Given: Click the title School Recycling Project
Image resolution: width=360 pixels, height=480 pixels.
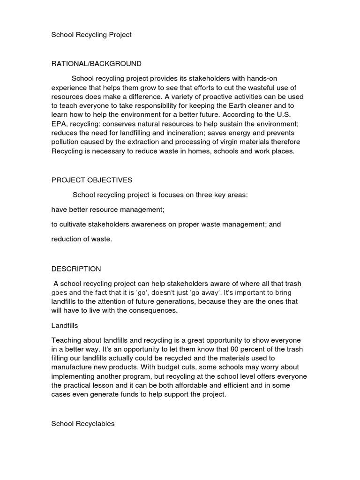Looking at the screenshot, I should tap(91, 35).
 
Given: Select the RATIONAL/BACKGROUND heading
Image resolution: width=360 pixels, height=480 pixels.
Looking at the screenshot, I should tap(96, 63).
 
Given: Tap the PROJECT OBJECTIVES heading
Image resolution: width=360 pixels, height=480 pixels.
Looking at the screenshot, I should tap(92, 180).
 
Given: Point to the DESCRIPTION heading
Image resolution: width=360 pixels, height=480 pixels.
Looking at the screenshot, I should tap(76, 269).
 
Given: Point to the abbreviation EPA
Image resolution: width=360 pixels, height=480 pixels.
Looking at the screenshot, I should tap(59, 124).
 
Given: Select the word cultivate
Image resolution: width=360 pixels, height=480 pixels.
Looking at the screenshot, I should tap(74, 224).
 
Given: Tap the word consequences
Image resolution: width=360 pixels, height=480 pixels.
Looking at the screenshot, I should tap(155, 310).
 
